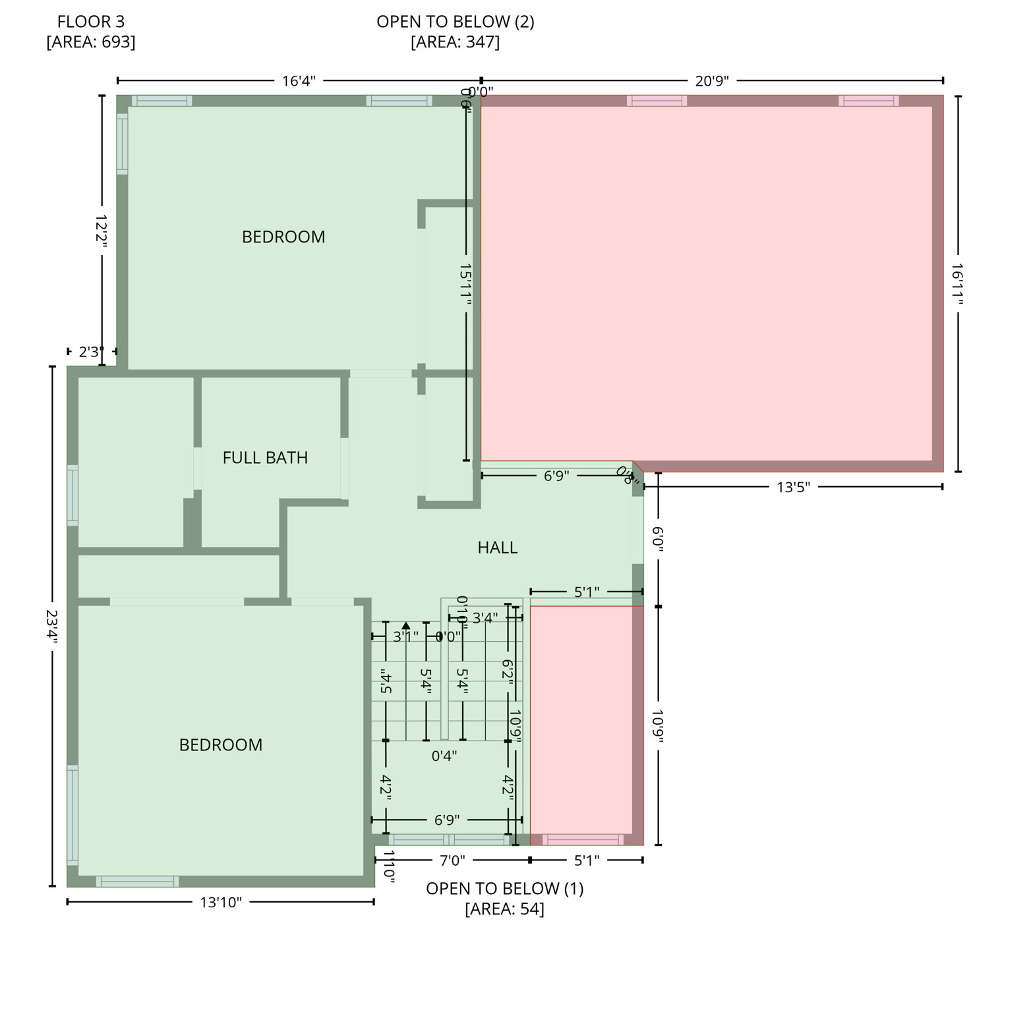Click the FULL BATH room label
265,457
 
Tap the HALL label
497,548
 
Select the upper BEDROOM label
283,237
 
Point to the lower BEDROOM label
221,745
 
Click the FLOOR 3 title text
91,22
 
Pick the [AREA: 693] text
91,42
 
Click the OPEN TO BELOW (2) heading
455,22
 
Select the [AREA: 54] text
504,909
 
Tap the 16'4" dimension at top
299,81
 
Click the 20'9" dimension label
712,81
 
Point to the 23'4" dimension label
52,627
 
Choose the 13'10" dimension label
221,902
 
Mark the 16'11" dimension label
958,284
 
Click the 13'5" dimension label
793,488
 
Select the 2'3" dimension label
92,352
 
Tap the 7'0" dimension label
452,860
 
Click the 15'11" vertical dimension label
466,284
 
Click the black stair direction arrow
406,626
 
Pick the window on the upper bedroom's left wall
123,144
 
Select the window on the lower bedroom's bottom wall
137,882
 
